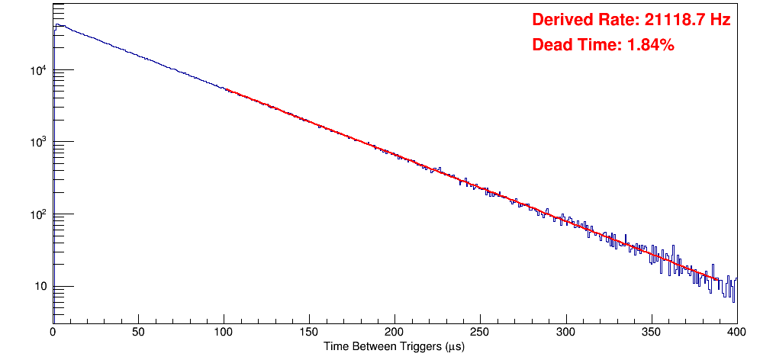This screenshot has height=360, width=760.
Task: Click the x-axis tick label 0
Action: click(x=53, y=332)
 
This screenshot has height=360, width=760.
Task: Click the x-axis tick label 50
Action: click(x=138, y=332)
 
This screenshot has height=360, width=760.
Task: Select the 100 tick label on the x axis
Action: click(x=224, y=332)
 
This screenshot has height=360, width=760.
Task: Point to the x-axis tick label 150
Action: click(x=309, y=332)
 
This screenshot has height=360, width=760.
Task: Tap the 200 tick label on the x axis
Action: click(x=394, y=332)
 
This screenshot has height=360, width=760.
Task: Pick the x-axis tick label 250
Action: click(x=480, y=332)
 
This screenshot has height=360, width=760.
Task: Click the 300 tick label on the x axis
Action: click(x=565, y=332)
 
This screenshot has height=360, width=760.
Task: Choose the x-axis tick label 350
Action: click(x=651, y=332)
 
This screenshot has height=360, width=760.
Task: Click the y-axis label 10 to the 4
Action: click(x=38, y=71)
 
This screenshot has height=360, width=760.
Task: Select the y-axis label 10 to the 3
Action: click(x=38, y=143)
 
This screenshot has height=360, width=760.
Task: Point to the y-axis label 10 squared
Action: click(x=38, y=215)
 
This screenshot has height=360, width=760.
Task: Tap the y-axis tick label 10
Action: click(x=40, y=288)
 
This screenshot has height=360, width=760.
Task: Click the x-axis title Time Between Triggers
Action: click(x=394, y=346)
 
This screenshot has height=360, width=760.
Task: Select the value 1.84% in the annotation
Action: click(x=650, y=46)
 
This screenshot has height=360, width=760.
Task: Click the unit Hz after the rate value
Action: click(x=720, y=21)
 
